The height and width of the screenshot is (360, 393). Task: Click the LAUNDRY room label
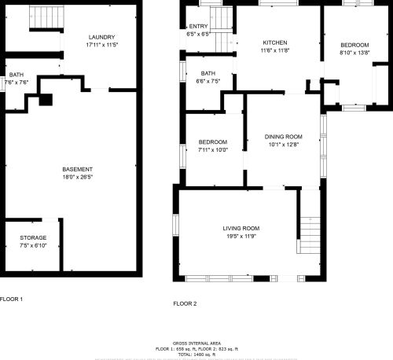point(102,37)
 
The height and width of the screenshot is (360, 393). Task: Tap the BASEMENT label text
point(78,170)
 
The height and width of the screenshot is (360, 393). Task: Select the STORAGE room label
point(33,237)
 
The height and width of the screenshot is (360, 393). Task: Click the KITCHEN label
point(274,42)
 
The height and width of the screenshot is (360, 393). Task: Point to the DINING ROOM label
point(283,137)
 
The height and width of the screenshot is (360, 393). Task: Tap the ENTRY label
point(198,28)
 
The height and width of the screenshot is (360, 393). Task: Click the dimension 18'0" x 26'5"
point(78,178)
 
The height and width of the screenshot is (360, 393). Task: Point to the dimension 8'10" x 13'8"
point(353,52)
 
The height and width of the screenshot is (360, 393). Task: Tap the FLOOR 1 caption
point(11,299)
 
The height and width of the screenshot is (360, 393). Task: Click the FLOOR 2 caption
point(185,303)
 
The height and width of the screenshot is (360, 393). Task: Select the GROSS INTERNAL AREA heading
point(197,343)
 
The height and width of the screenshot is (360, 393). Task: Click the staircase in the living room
point(310,233)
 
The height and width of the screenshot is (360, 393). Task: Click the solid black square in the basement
point(46,100)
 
